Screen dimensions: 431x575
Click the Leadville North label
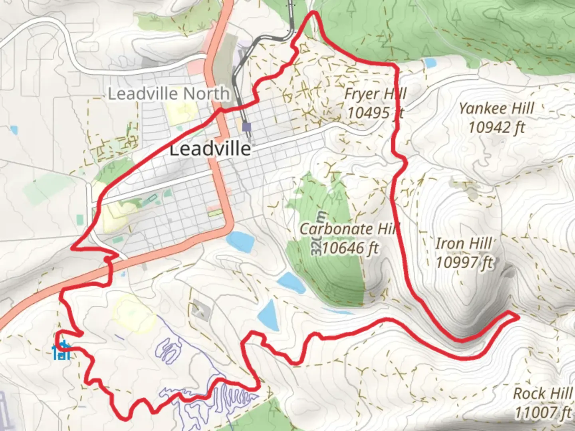(x=169, y=94)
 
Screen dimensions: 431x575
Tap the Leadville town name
(x=210, y=150)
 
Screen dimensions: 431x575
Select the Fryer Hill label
(x=375, y=94)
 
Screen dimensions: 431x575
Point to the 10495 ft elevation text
(x=375, y=113)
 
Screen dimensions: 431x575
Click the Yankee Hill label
(x=496, y=109)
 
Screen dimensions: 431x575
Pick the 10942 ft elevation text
(x=496, y=128)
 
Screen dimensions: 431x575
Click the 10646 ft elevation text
(x=350, y=248)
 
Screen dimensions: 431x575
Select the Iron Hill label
(x=464, y=243)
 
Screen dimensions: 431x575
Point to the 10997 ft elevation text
(x=464, y=263)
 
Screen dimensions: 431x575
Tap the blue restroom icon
(x=62, y=351)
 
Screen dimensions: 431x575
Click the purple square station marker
(x=247, y=127)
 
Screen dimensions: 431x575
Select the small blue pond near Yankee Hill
(x=430, y=63)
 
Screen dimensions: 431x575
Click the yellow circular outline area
(x=134, y=313)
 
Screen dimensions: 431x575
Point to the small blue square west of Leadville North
(x=14, y=130)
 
